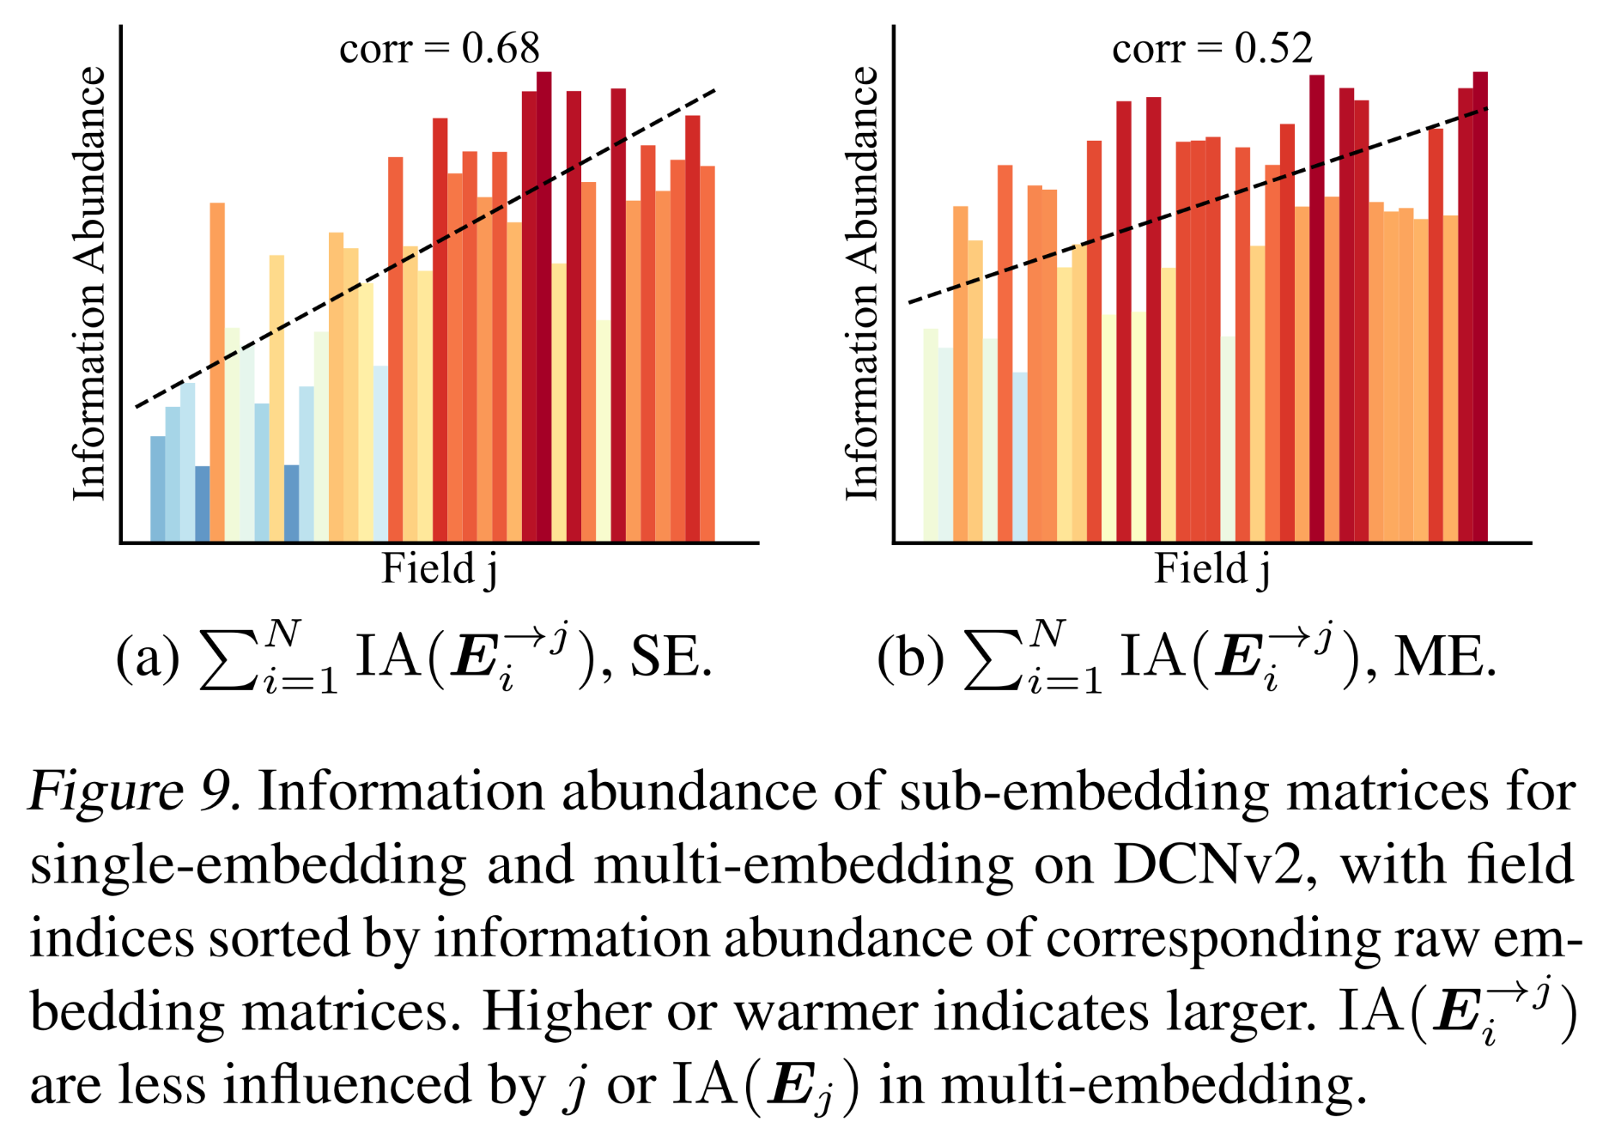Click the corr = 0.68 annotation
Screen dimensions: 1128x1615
point(439,49)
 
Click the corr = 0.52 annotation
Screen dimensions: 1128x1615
point(1211,49)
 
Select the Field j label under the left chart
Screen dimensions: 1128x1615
point(439,569)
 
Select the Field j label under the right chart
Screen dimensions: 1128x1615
point(1211,569)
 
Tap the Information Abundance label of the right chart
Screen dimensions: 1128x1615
point(862,283)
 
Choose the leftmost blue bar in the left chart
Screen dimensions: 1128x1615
point(158,489)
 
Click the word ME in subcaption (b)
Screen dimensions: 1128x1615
point(1442,659)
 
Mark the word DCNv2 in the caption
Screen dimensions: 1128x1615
point(1211,864)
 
